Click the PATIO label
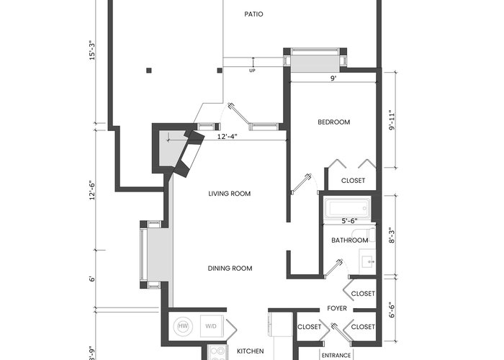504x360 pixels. click(253, 14)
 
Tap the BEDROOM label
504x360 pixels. click(333, 122)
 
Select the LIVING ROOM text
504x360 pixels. click(230, 194)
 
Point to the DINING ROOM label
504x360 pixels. click(230, 269)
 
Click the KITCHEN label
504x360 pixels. click(251, 351)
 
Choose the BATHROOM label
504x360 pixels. click(350, 240)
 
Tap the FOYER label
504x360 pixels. click(337, 309)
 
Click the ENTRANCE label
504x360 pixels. click(336, 356)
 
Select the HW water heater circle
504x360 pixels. click(183, 326)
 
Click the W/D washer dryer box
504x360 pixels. click(211, 326)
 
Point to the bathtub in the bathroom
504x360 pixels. click(347, 208)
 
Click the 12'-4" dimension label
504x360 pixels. click(228, 137)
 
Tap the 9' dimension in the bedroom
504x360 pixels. click(333, 78)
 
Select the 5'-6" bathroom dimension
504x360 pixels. click(349, 221)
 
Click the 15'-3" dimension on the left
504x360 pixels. click(93, 50)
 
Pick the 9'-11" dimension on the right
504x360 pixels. click(392, 120)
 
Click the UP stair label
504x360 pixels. click(252, 71)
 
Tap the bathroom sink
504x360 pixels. click(367, 261)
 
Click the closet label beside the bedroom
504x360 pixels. click(353, 181)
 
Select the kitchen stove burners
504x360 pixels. click(217, 353)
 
